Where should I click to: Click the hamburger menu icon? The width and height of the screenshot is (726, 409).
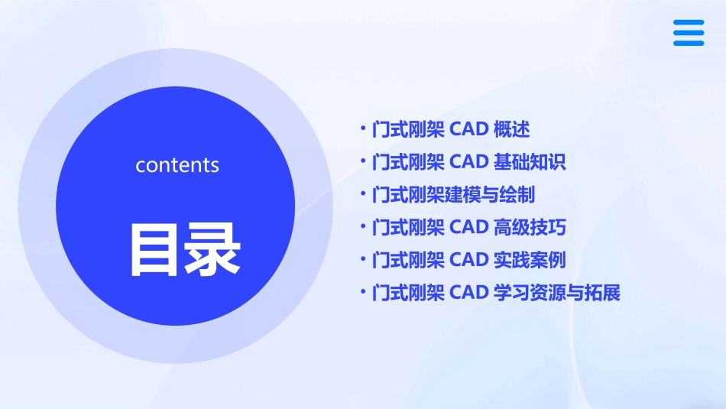point(688,33)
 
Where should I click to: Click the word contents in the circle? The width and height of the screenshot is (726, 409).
point(177,165)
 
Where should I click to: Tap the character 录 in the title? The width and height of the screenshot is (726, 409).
point(208,249)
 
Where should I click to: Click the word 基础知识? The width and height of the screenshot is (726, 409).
point(530,162)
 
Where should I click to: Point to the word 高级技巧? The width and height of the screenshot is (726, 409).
point(530,227)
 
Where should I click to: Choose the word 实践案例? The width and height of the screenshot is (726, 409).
point(530,260)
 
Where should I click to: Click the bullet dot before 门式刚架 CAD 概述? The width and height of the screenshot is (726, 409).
point(363,129)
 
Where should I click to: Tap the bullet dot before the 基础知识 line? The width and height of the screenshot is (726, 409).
point(363,162)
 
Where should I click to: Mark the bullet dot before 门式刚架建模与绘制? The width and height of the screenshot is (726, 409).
point(363,194)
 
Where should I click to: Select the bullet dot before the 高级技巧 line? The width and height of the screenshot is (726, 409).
point(363,227)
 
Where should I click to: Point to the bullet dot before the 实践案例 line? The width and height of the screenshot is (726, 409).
point(363,260)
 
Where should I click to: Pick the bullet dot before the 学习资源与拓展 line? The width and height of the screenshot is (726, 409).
point(363,293)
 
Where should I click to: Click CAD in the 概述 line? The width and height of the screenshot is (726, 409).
point(468,129)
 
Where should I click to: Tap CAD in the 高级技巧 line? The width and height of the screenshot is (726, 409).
point(468,227)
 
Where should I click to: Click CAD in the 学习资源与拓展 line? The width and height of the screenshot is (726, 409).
point(468,293)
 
